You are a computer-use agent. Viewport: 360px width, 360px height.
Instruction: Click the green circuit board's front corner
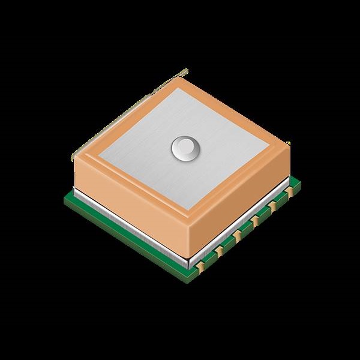pos(193,276)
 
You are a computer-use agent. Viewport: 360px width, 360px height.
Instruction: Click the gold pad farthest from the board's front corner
pos(291,191)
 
